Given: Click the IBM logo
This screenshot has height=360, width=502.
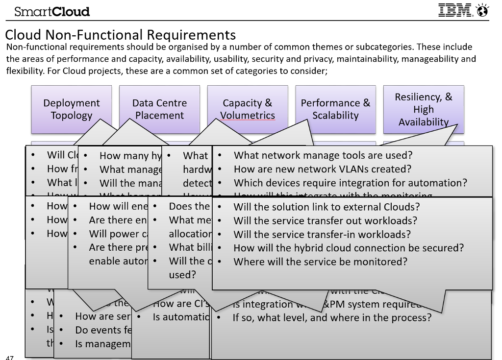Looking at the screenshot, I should pos(455,10).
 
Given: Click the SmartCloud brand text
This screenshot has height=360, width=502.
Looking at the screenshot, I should pos(52,11).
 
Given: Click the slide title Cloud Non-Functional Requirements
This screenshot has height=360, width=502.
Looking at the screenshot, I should pos(121,35).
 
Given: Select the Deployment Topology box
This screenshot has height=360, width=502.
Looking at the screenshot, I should pos(72,109).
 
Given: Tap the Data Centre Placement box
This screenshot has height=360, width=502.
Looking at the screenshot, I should pos(159,109).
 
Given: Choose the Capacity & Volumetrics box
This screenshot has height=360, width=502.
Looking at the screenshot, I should pos(248,109).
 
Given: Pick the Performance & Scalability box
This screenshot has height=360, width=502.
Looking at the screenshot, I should pos(335,109).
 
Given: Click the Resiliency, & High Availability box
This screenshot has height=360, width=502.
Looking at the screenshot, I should pos(424,109).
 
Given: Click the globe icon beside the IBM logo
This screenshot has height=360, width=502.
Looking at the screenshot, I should pos(482,10).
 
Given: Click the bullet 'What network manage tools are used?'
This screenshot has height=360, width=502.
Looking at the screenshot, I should pos(323,155).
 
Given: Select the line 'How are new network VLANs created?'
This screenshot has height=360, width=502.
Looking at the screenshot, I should pos(322,169).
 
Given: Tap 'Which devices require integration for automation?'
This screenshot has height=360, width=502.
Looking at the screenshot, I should pos(350,183).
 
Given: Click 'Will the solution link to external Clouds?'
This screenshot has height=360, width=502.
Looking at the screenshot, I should pos(326,207).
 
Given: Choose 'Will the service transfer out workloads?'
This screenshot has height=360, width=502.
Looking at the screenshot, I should pos(325,220).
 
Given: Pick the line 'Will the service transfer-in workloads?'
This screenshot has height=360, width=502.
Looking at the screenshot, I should pos(322,234).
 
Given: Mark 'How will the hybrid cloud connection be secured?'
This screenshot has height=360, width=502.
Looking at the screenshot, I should pos(348,248).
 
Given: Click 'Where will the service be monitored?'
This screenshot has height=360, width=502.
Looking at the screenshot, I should pos(320,262).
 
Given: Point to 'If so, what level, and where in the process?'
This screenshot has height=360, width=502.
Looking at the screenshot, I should pos(332,317).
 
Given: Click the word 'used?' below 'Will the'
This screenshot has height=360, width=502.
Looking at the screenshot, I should pos(182,275).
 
